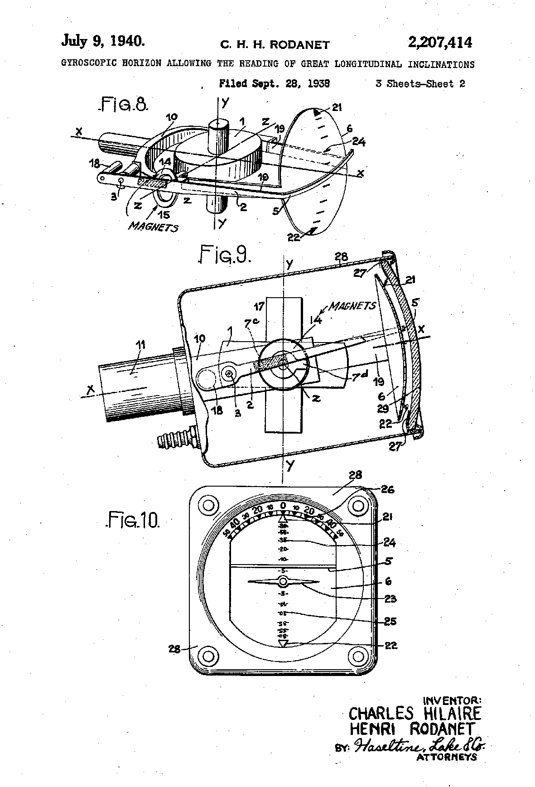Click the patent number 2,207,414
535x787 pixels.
click(439, 43)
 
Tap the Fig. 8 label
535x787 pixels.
click(123, 106)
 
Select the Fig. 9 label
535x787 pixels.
click(225, 255)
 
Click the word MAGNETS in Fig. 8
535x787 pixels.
click(153, 227)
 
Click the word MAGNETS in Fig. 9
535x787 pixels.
click(352, 306)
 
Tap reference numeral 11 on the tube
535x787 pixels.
click(141, 345)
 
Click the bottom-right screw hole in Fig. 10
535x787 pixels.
click(358, 656)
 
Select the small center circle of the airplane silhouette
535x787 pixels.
click(283, 581)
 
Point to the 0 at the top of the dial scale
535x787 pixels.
click(283, 506)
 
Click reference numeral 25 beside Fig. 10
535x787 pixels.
click(390, 621)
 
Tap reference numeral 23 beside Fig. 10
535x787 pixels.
click(390, 599)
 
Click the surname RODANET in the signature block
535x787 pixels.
click(441, 729)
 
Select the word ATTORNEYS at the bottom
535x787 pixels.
click(446, 757)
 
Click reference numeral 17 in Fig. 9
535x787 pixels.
click(259, 307)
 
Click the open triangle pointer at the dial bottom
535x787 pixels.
click(283, 643)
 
